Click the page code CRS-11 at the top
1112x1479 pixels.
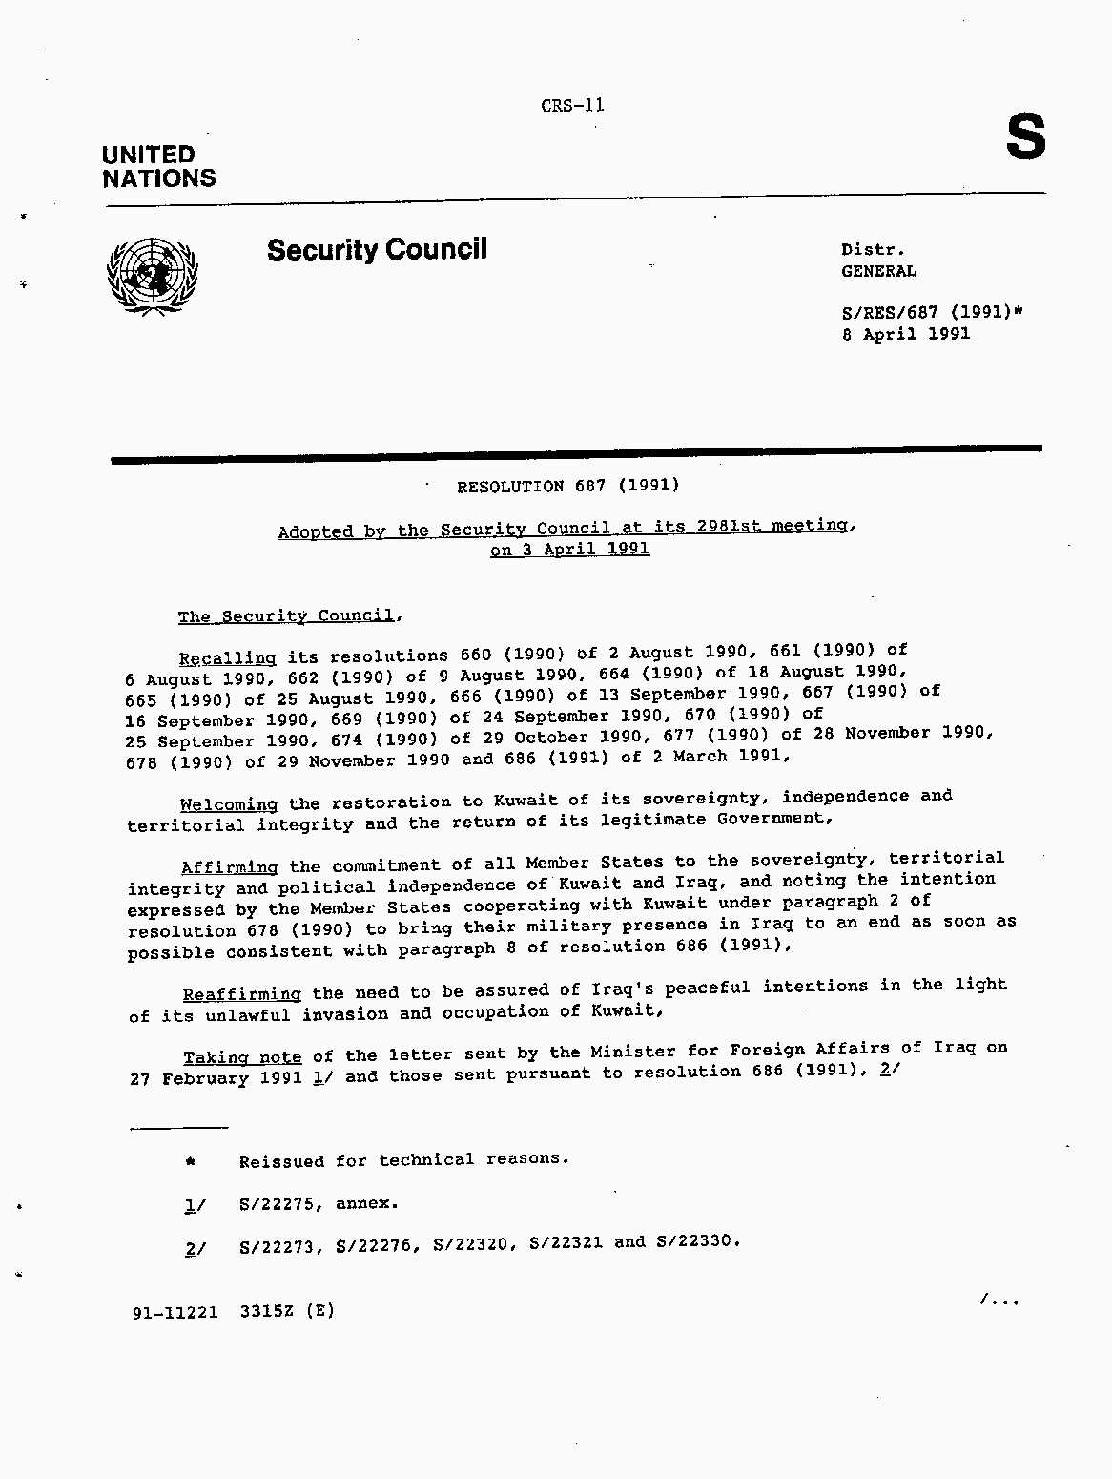tap(572, 106)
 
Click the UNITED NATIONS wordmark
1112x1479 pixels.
tap(158, 167)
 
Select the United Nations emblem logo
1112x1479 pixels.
tap(153, 276)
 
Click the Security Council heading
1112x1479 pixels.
tap(377, 250)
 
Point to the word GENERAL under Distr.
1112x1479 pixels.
tap(878, 271)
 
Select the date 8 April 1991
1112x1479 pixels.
tap(905, 334)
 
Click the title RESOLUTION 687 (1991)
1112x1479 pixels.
tap(567, 486)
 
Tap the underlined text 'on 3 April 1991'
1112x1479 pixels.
tap(569, 550)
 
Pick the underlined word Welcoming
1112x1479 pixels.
tap(229, 804)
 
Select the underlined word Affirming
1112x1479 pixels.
tap(230, 867)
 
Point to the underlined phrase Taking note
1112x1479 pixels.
tap(242, 1057)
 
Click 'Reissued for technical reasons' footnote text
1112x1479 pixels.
tap(403, 1160)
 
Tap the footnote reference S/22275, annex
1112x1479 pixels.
tap(319, 1204)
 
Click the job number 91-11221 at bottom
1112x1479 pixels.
tap(175, 1312)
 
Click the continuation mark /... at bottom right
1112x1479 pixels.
tap(999, 1300)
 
